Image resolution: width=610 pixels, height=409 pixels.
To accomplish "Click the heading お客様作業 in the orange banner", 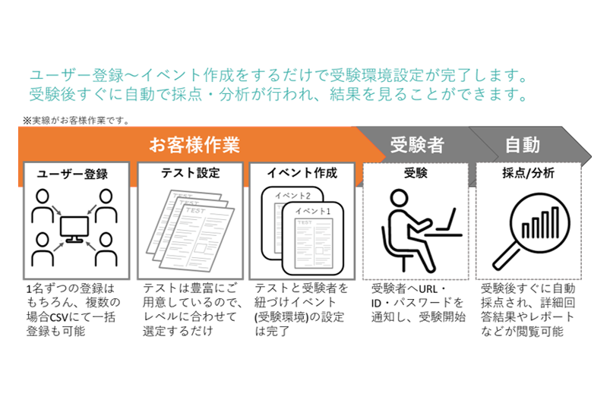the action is tap(194, 145).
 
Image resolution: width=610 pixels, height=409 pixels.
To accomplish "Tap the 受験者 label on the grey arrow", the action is tap(417, 145).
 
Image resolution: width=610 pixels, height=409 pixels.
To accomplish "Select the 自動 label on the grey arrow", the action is tap(523, 145).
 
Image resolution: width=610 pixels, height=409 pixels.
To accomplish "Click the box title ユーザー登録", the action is tap(72, 174).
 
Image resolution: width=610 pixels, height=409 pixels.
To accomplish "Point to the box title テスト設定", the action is tap(190, 173).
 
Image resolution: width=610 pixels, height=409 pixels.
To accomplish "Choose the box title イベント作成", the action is tap(302, 173).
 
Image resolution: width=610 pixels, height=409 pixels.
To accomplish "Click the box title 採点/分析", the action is tap(528, 173).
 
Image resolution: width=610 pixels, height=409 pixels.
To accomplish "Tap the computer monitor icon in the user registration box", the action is tap(74, 229).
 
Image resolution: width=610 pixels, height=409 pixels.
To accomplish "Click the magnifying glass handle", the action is tap(506, 256).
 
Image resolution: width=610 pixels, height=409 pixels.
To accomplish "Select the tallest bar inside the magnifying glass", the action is tap(555, 222).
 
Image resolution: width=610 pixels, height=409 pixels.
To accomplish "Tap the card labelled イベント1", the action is tap(313, 238).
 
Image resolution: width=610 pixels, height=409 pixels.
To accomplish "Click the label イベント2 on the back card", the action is tap(292, 195).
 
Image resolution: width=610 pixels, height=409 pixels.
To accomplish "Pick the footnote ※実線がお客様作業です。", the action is tap(76, 121).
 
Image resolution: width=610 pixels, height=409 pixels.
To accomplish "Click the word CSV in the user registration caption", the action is tap(59, 317).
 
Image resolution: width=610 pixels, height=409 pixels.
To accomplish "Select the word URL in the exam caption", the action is tap(428, 289).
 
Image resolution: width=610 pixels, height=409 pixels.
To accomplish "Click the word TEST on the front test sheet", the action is tap(196, 210).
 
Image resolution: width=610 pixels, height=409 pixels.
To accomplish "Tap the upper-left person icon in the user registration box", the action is tap(43, 205).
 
